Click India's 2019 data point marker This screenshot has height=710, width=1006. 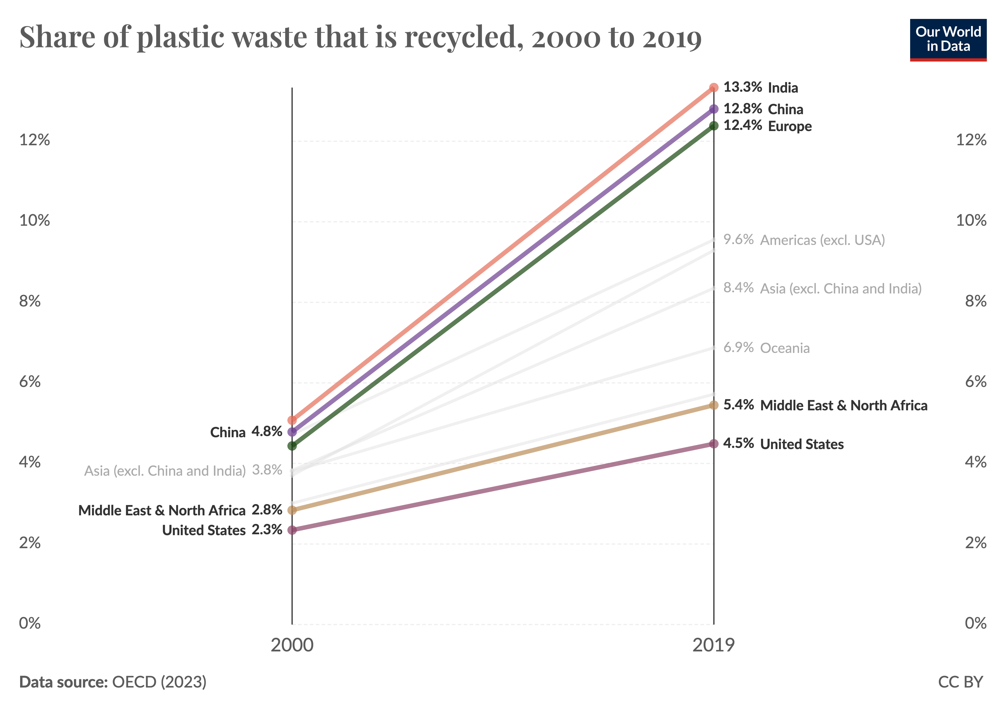click(x=714, y=88)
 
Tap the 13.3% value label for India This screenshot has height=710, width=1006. click(x=743, y=87)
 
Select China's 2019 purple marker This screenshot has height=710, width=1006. click(x=714, y=109)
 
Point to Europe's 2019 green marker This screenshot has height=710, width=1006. click(x=714, y=126)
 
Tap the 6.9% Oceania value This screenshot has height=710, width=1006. click(x=738, y=347)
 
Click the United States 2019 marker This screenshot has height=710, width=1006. click(x=714, y=444)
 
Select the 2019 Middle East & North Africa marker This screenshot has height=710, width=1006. click(x=714, y=405)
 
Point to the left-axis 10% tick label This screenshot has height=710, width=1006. click(x=35, y=220)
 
